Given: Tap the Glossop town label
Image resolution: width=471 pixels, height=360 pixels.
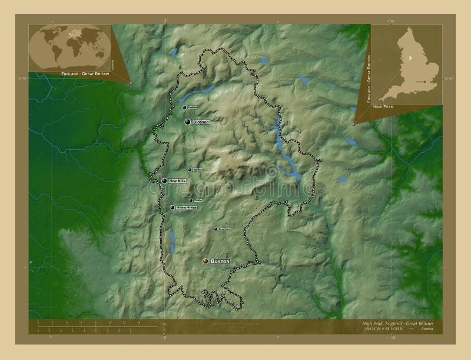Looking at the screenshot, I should point(201,122).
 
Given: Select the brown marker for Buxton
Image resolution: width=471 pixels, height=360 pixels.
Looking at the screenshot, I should point(205,261).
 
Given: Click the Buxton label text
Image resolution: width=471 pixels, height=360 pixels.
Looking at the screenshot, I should point(220,261).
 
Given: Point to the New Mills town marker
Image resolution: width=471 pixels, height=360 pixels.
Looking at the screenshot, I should point(164,181).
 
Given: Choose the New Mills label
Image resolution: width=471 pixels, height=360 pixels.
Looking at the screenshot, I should point(177,181).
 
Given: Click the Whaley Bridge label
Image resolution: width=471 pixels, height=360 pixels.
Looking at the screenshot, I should point(186,208).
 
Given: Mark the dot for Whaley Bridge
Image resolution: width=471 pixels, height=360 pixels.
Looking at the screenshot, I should point(172,208).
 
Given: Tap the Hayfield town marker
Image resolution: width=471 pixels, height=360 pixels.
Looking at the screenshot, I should point(190,170).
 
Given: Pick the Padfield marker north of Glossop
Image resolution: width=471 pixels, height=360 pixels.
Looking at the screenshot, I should point(184,108).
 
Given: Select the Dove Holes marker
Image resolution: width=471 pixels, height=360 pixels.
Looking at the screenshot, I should point(215,229).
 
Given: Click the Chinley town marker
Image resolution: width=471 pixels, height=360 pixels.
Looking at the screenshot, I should point(191,200).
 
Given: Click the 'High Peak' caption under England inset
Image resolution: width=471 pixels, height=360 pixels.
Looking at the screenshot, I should point(383,106).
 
